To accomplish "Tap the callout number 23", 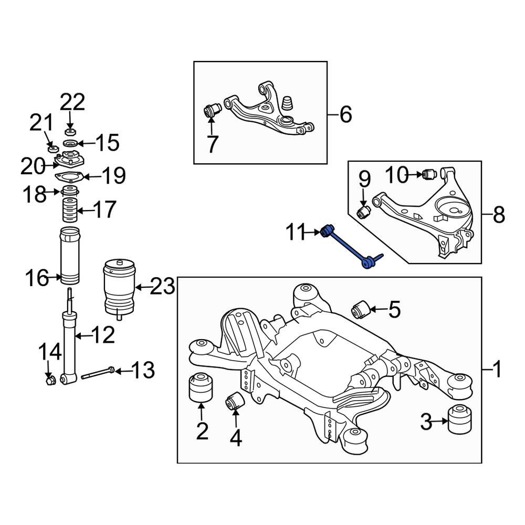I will click(x=163, y=287).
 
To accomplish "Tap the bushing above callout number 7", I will click(x=213, y=111).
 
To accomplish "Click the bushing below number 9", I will click(x=364, y=212).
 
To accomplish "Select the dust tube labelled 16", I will click(x=69, y=257).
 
